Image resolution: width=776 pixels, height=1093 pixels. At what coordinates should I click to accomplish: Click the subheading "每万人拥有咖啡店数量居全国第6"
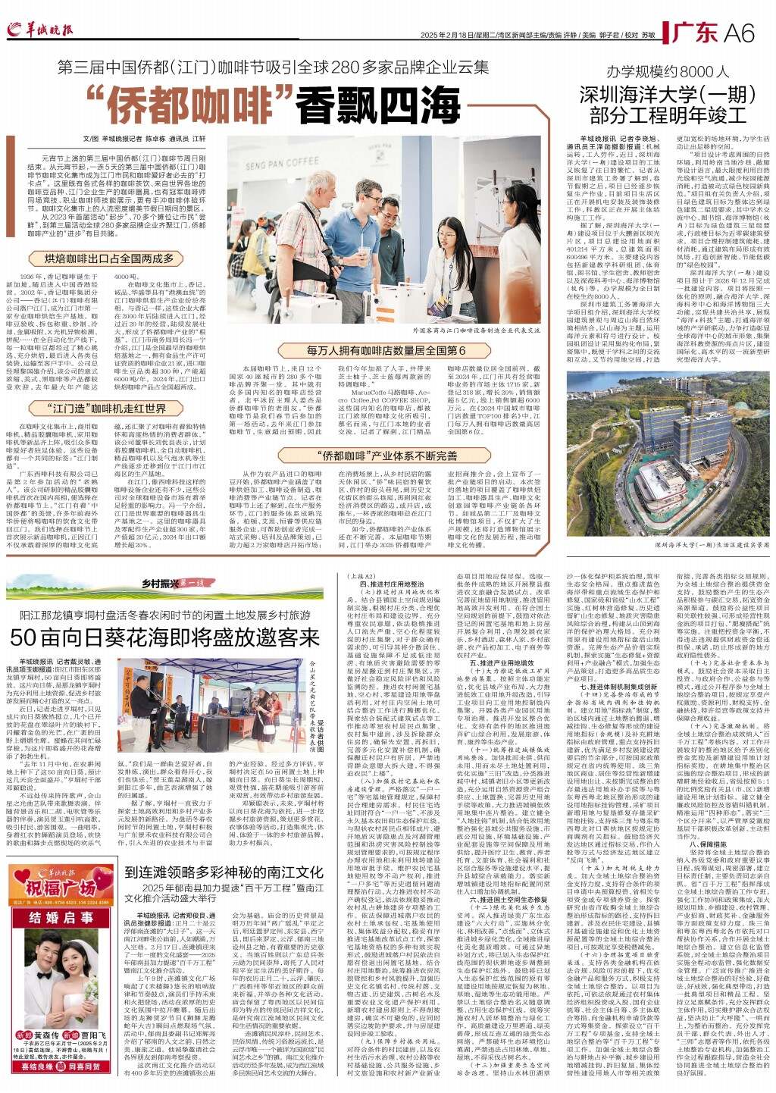tap(386, 350)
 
